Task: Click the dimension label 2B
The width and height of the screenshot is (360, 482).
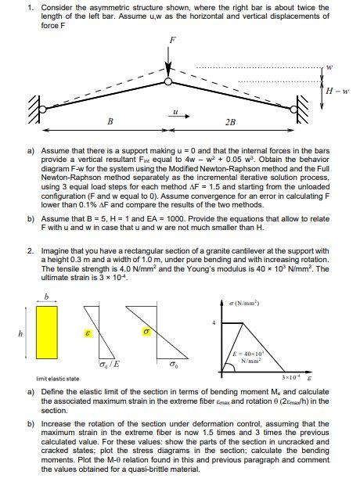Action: tap(229, 123)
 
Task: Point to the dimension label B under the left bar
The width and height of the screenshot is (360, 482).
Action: tap(110, 122)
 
